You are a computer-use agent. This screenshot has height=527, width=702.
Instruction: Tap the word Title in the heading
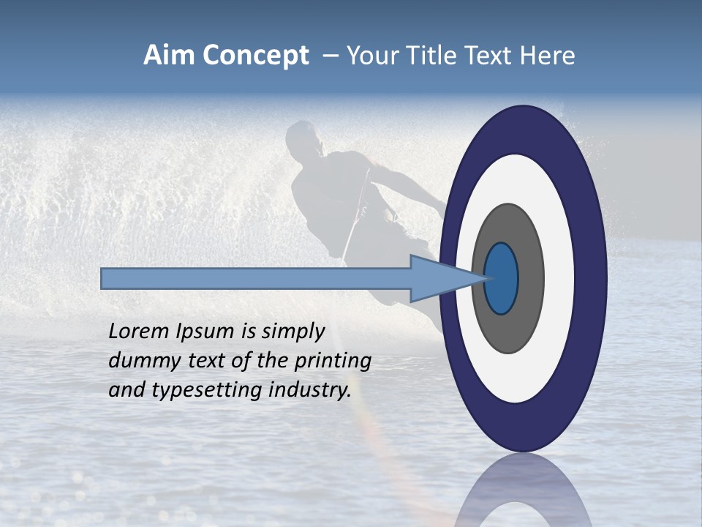pos(431,56)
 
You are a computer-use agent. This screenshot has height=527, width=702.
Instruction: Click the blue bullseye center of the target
pos(502,279)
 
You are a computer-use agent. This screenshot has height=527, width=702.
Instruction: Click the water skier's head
pos(304,139)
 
